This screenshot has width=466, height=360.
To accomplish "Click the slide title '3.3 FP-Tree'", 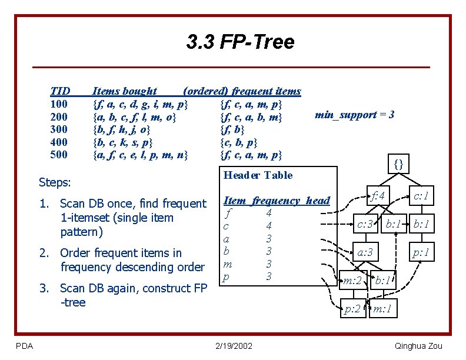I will pyautogui.click(x=240, y=42).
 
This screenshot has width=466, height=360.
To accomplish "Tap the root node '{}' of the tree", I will pyautogui.click(x=398, y=165).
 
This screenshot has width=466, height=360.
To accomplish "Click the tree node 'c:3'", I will pyautogui.click(x=365, y=224).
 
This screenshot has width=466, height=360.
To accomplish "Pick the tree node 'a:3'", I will pyautogui.click(x=365, y=253).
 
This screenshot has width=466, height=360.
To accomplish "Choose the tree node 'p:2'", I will pyautogui.click(x=352, y=308).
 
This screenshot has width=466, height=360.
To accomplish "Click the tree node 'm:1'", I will pyautogui.click(x=384, y=308).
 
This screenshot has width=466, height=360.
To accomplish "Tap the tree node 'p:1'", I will pyautogui.click(x=420, y=253).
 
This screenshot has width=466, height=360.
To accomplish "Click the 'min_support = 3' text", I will pyautogui.click(x=354, y=115).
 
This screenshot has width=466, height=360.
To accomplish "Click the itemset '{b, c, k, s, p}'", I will pyautogui.click(x=124, y=142).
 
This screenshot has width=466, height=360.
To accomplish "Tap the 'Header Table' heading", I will pyautogui.click(x=258, y=175).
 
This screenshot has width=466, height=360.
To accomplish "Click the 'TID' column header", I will pyautogui.click(x=60, y=91).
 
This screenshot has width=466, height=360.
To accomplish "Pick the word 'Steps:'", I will pyautogui.click(x=54, y=182).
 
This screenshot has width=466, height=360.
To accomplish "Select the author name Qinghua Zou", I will pyautogui.click(x=418, y=346).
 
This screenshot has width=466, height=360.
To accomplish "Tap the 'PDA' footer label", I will pyautogui.click(x=24, y=346).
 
